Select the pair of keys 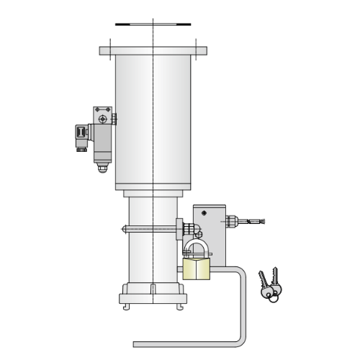(x=270, y=284)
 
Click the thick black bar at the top (x=153, y=24)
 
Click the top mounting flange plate (x=153, y=51)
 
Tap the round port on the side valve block (x=103, y=119)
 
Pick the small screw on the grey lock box (x=204, y=213)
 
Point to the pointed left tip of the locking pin (x=123, y=230)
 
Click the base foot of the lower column (x=153, y=297)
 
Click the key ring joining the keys (x=272, y=295)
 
